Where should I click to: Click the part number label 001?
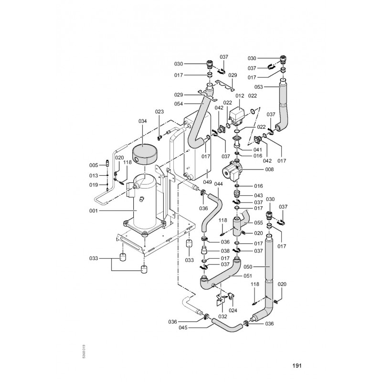click(x=93, y=211)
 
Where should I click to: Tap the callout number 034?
click(x=143, y=121)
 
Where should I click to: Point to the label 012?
click(x=239, y=95)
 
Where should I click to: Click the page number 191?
click(x=297, y=366)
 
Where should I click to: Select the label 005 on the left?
click(x=94, y=165)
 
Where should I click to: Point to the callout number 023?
click(x=159, y=112)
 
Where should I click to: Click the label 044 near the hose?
click(x=218, y=183)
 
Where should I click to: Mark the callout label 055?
click(x=258, y=223)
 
